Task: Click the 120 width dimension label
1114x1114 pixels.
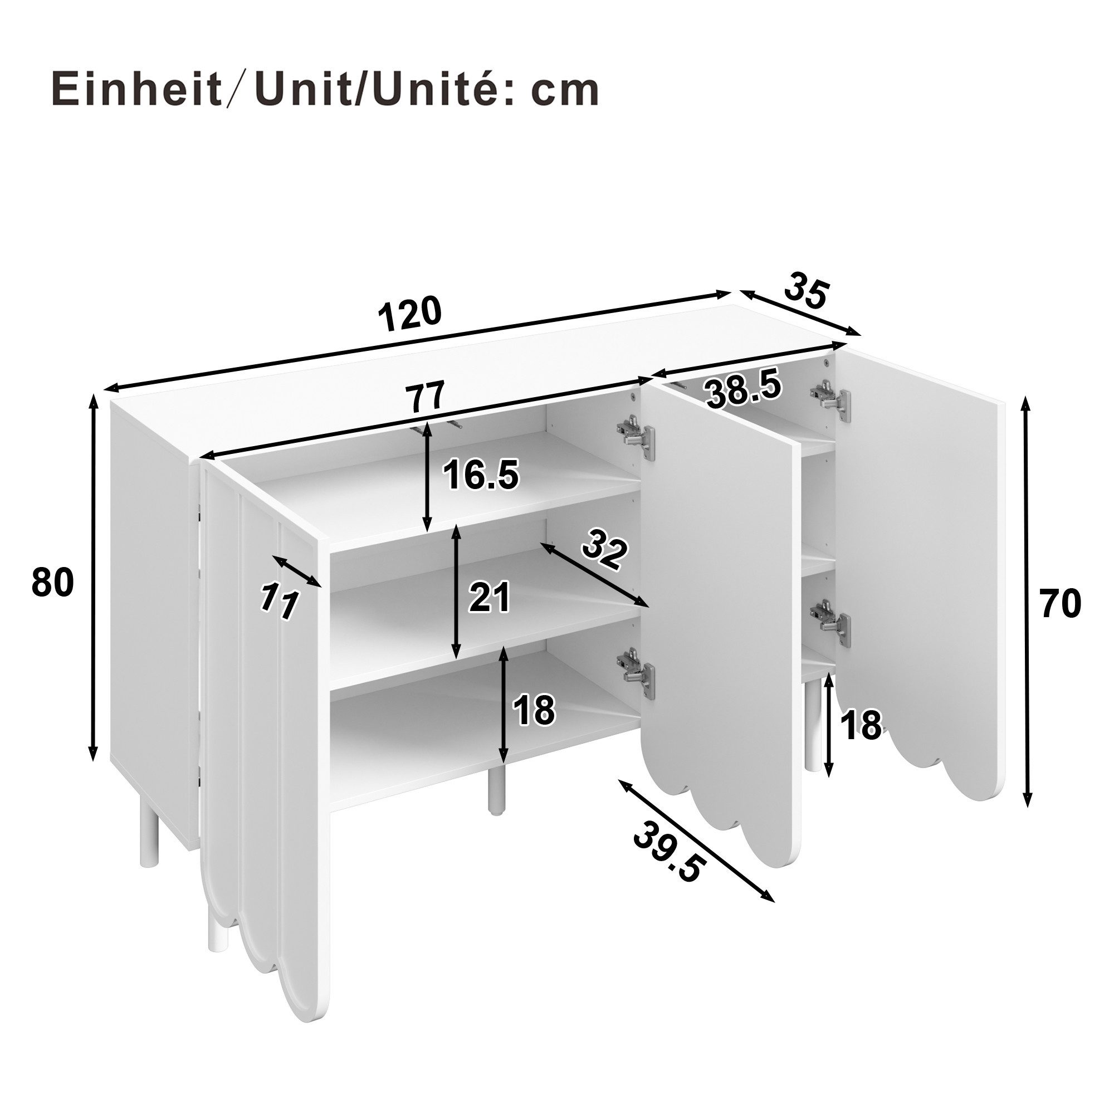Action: pos(410,314)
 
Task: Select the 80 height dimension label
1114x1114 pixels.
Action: pos(53,582)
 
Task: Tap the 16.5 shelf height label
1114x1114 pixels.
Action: pos(481,476)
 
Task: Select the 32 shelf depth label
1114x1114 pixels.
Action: pos(604,551)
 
